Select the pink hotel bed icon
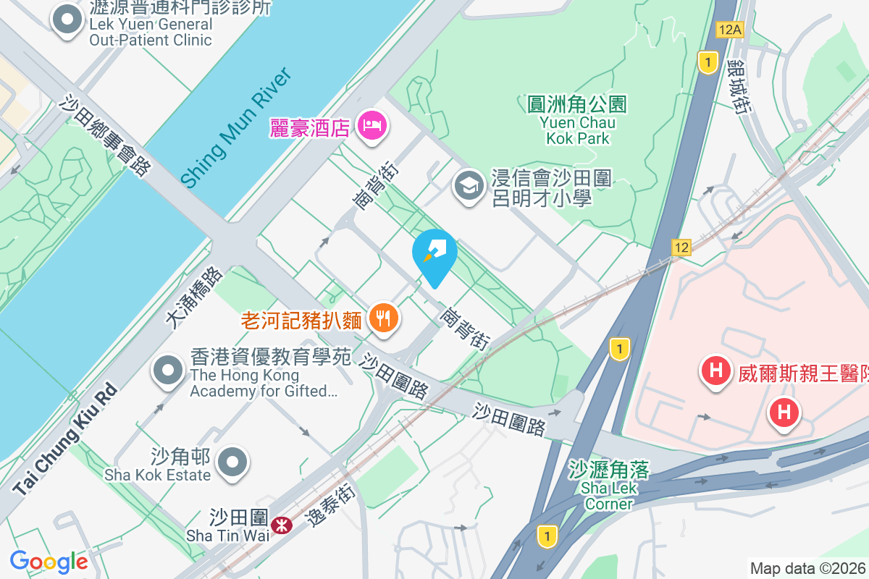click(374, 127)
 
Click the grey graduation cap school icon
click(469, 187)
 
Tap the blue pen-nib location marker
click(434, 253)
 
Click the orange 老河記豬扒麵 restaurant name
click(301, 318)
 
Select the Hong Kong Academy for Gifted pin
click(168, 371)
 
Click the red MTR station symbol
click(281, 524)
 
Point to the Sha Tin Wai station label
click(228, 527)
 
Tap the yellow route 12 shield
click(681, 247)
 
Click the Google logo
click(49, 562)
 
